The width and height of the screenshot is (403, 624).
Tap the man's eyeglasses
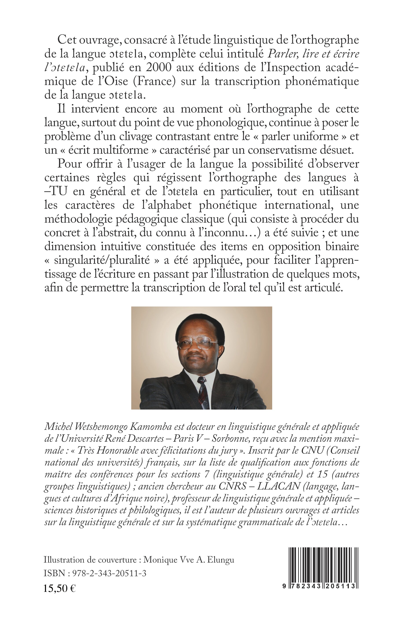[198, 343]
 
